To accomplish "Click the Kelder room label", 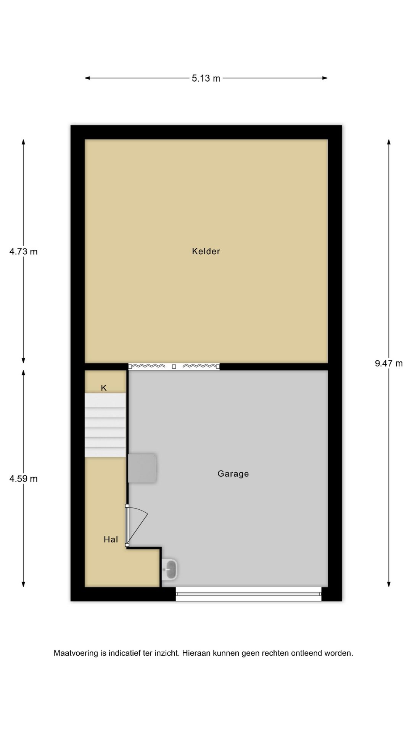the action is point(206,251).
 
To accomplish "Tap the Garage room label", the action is point(233,474).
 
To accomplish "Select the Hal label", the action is point(111,539).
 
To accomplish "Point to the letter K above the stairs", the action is point(104,388).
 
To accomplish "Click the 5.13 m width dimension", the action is point(206,78).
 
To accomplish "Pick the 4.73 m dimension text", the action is point(24,252).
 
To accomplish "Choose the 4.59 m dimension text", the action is point(24,479).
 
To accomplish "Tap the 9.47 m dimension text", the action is point(389,363).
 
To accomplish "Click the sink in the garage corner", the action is point(169,570).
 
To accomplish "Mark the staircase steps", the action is point(105,425).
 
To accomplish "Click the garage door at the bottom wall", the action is point(249,594).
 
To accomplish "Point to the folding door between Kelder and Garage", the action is point(174,366).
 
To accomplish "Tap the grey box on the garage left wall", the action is point(142,468).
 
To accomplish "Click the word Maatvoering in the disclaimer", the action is point(76,653).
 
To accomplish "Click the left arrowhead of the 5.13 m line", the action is point(87,78).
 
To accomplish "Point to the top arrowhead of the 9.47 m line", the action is point(389,142).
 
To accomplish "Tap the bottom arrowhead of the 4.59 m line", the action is point(24,584).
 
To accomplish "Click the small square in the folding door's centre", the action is point(174,367).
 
